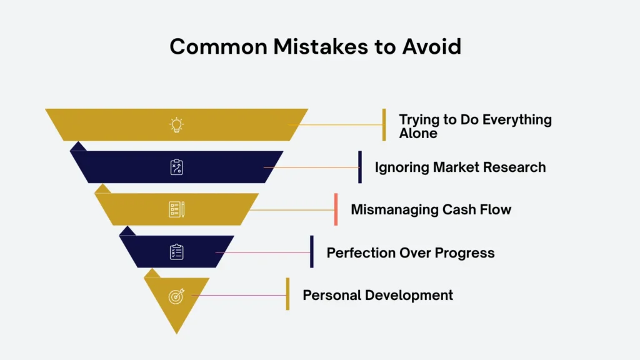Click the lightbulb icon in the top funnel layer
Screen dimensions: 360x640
coord(177,125)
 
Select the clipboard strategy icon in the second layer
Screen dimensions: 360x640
coord(177,167)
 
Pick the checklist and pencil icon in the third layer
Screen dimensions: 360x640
coord(177,209)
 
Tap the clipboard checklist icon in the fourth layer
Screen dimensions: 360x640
coord(177,252)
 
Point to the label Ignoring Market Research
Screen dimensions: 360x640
coord(460,167)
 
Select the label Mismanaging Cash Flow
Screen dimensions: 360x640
coord(431,209)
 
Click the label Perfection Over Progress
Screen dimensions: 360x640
coord(411,253)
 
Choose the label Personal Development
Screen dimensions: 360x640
coord(377,295)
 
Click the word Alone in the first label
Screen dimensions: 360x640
coord(418,133)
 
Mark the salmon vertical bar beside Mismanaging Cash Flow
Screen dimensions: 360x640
coord(336,209)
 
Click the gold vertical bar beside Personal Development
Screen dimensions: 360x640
coord(287,294)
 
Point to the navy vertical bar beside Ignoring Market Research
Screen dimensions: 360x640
coord(360,167)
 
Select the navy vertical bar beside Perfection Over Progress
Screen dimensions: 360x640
coord(312,251)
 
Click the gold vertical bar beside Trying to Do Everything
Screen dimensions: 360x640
coord(384,125)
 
